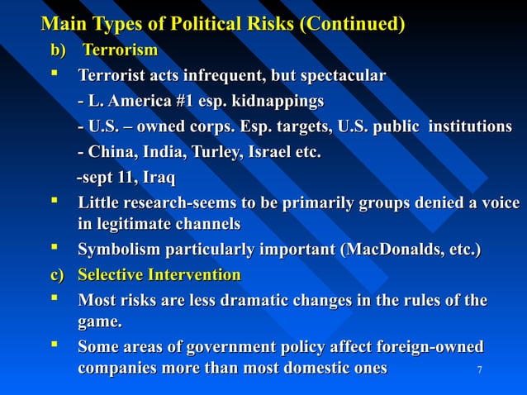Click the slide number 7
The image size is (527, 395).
pyautogui.click(x=479, y=369)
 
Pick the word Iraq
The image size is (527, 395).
pyautogui.click(x=159, y=178)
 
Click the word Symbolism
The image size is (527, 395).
pyautogui.click(x=118, y=250)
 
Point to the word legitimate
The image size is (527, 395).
pyautogui.click(x=134, y=224)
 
